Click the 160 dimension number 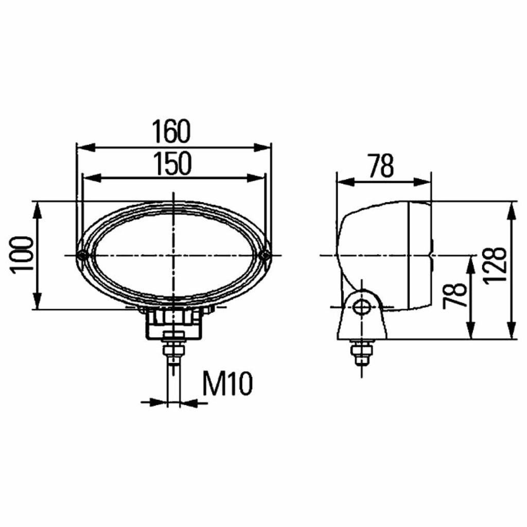171,131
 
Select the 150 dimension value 173,164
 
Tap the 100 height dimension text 23,255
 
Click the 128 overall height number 495,267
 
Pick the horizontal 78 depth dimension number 381,166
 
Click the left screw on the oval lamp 81,256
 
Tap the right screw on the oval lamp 265,255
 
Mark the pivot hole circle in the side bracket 362,307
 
